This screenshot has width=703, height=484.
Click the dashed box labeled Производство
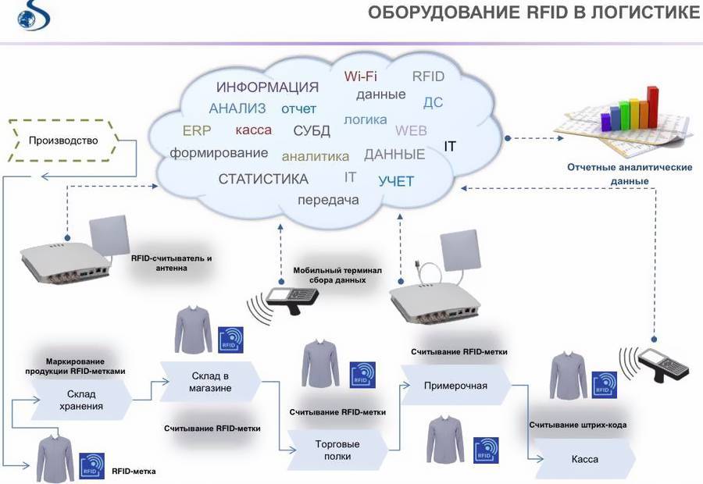(x=63, y=141)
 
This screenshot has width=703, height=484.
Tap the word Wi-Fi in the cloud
(x=361, y=77)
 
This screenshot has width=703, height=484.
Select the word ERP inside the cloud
(x=197, y=130)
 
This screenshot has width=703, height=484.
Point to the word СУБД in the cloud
(x=312, y=130)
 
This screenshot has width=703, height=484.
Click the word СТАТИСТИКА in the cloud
(x=263, y=179)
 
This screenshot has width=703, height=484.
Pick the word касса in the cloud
(x=253, y=130)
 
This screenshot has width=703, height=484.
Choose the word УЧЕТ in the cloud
(x=396, y=182)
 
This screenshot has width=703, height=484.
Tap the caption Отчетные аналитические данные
(x=630, y=174)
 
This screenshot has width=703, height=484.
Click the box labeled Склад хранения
(x=80, y=400)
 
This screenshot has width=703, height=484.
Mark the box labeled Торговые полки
(x=337, y=449)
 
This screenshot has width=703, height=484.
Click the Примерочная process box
(x=455, y=385)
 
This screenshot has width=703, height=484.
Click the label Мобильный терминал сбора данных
(x=337, y=274)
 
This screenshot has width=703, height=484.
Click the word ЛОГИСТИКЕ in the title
(x=639, y=12)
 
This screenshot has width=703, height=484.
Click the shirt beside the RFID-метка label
(x=55, y=461)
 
